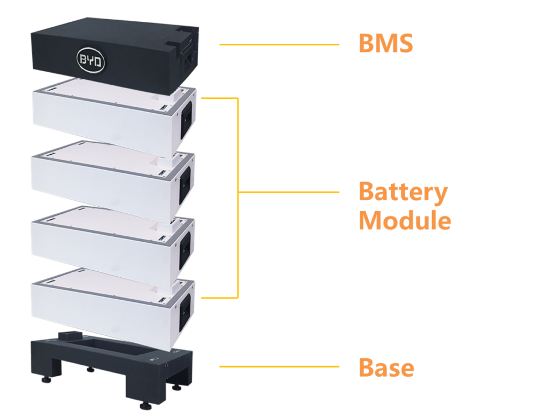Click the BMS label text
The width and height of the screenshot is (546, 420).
(385, 44)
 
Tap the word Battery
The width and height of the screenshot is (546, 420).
(403, 192)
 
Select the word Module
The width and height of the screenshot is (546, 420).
(405, 221)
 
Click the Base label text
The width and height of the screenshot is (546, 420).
(386, 367)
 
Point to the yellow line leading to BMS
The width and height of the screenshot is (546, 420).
(278, 44)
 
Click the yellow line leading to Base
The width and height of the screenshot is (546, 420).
(278, 366)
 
